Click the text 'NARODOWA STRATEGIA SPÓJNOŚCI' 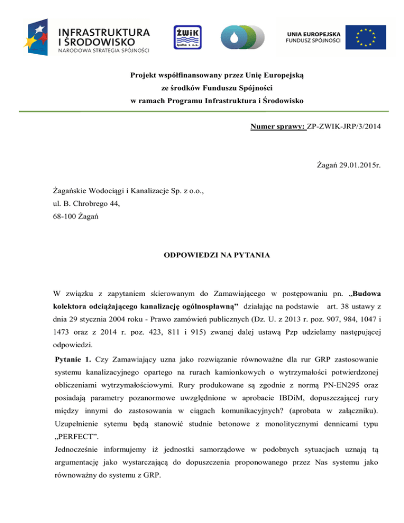104,51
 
